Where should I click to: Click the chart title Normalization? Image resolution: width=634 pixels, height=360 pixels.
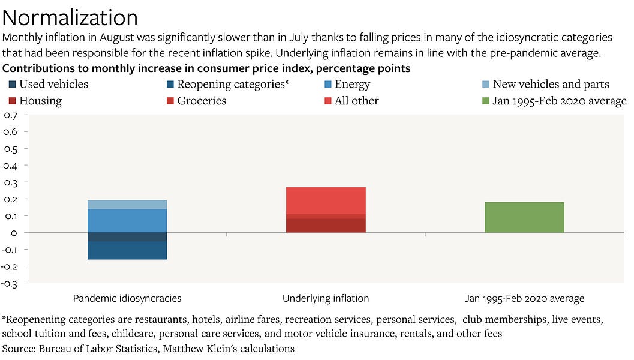pos(70,16)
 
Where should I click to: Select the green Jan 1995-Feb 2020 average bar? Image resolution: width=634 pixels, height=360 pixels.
pos(524,217)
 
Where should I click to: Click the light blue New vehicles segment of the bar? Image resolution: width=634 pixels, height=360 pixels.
pos(127,205)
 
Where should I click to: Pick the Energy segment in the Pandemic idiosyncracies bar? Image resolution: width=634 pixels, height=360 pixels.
pos(127,221)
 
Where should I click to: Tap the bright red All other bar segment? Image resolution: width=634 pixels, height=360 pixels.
pos(326,200)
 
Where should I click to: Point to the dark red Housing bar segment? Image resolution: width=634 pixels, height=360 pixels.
pos(326,226)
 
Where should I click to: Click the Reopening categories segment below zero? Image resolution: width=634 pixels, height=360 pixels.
pos(127,250)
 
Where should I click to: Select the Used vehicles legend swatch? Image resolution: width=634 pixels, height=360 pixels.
pos(11,85)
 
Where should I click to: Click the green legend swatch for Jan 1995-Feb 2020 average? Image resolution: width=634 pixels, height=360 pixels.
pos(486,101)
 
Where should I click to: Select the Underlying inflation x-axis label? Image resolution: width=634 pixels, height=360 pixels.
pos(326,298)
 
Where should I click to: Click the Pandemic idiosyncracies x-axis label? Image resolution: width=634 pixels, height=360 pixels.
pos(127,298)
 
